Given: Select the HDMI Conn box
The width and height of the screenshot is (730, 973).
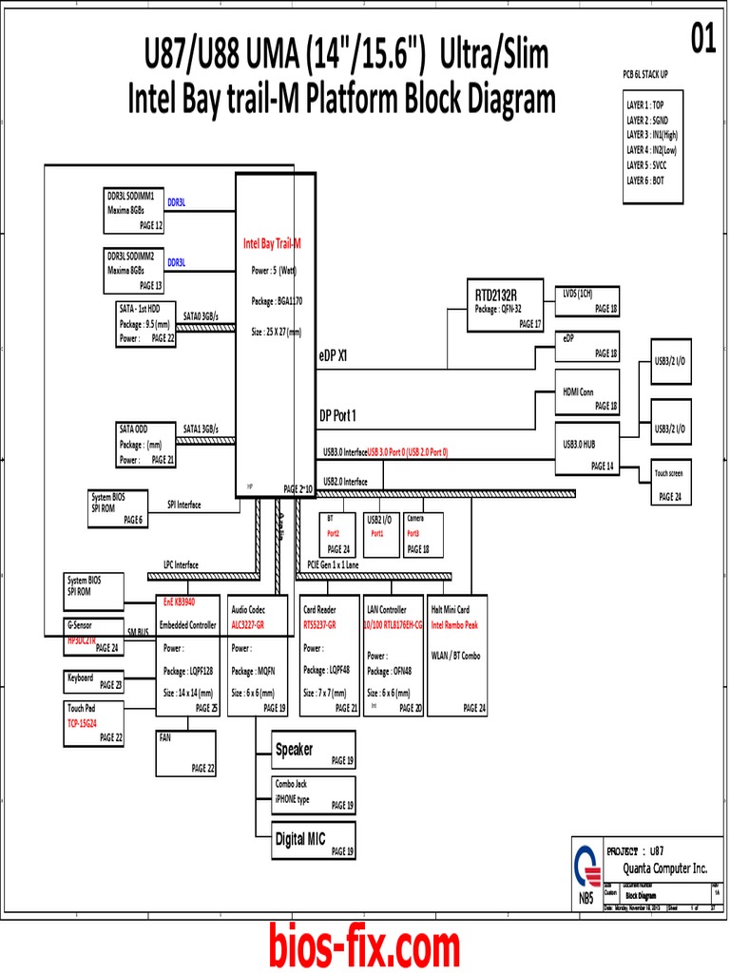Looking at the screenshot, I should pos(589,391).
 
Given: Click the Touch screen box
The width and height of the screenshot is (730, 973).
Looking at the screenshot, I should pos(680,484).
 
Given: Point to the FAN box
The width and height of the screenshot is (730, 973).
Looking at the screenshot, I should pos(187,754).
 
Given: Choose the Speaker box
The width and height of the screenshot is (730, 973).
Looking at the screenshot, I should pos(314,751).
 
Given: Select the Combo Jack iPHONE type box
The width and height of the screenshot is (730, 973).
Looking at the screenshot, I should pos(314,794).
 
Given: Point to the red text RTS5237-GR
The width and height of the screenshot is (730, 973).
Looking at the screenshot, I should pos(323,625).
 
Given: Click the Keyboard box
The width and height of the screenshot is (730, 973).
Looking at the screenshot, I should pos(94,682).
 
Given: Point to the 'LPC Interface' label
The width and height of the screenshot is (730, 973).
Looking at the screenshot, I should pos(181,564).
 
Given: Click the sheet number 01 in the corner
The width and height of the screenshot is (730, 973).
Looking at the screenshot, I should pos(702,42).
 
